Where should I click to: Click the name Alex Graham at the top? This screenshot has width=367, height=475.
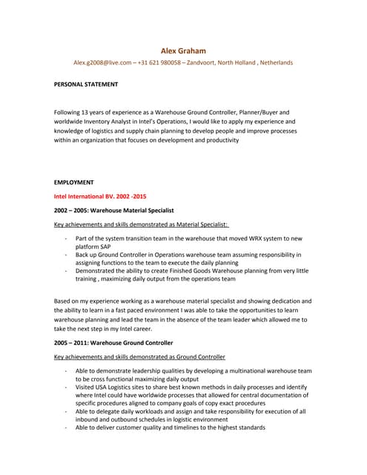[183, 50]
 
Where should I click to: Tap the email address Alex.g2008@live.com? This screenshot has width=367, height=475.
[102, 63]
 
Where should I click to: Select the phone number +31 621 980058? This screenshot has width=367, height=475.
[159, 63]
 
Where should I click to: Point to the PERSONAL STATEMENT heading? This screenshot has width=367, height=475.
[86, 85]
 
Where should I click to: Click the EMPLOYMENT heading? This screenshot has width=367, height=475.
[74, 182]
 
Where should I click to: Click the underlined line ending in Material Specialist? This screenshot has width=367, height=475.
[142, 225]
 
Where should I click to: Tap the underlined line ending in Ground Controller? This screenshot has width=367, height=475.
[139, 357]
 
